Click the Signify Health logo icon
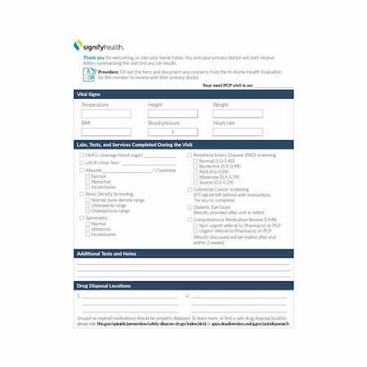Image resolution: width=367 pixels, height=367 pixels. click(x=78, y=46)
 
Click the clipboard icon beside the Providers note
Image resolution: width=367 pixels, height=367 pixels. click(x=89, y=73)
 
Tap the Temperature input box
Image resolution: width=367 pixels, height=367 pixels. click(x=106, y=114)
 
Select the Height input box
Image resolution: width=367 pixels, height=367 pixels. click(x=173, y=114)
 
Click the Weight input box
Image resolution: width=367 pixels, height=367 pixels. click(x=237, y=114)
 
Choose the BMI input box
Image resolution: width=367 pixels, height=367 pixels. click(x=106, y=131)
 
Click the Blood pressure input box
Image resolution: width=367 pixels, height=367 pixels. click(x=173, y=131)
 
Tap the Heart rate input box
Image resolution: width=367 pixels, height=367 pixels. click(x=237, y=131)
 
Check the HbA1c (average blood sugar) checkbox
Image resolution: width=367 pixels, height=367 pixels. click(x=82, y=155)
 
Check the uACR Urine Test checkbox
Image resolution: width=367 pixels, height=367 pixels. click(x=82, y=162)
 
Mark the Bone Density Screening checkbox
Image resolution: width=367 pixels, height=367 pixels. click(x=82, y=194)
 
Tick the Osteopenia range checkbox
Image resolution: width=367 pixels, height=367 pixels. click(x=87, y=206)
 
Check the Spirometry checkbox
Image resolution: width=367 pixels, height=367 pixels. click(x=82, y=218)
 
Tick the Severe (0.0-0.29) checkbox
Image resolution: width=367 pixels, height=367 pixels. click(x=194, y=182)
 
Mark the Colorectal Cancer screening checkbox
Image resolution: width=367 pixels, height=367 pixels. click(x=189, y=189)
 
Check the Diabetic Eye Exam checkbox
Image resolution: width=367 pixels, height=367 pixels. click(x=189, y=207)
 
